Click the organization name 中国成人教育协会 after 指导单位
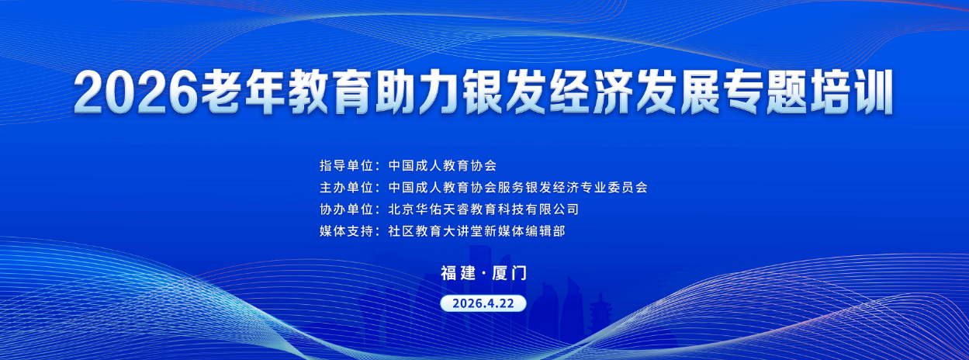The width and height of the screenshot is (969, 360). pos(441,165)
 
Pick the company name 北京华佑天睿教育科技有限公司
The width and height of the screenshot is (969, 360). pos(483,209)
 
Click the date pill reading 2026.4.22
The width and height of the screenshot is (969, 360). pos(483,302)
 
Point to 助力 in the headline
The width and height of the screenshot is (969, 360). pos(410,93)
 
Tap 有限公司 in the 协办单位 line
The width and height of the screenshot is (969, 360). pos(554,209)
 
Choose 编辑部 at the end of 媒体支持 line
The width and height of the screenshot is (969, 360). pos(556,231)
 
